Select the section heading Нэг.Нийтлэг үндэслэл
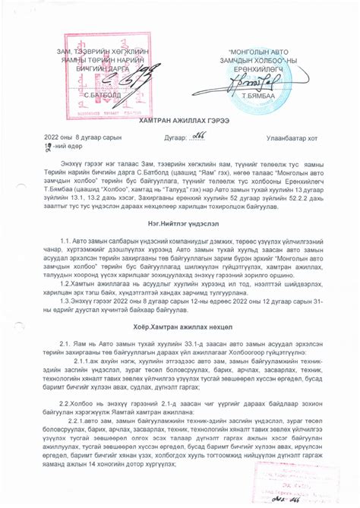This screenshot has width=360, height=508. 180,215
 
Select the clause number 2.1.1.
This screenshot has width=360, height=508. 84,362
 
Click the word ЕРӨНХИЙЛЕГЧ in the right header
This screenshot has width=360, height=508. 255,68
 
